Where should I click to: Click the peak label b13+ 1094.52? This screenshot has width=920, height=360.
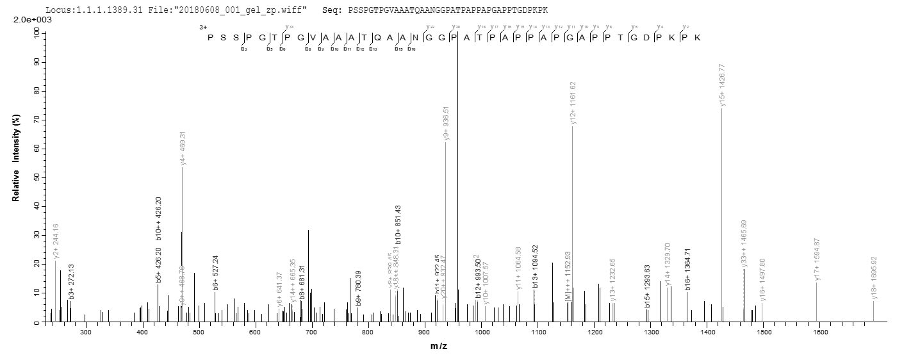[535, 267]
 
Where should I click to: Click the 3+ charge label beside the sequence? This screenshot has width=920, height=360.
[203, 28]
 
